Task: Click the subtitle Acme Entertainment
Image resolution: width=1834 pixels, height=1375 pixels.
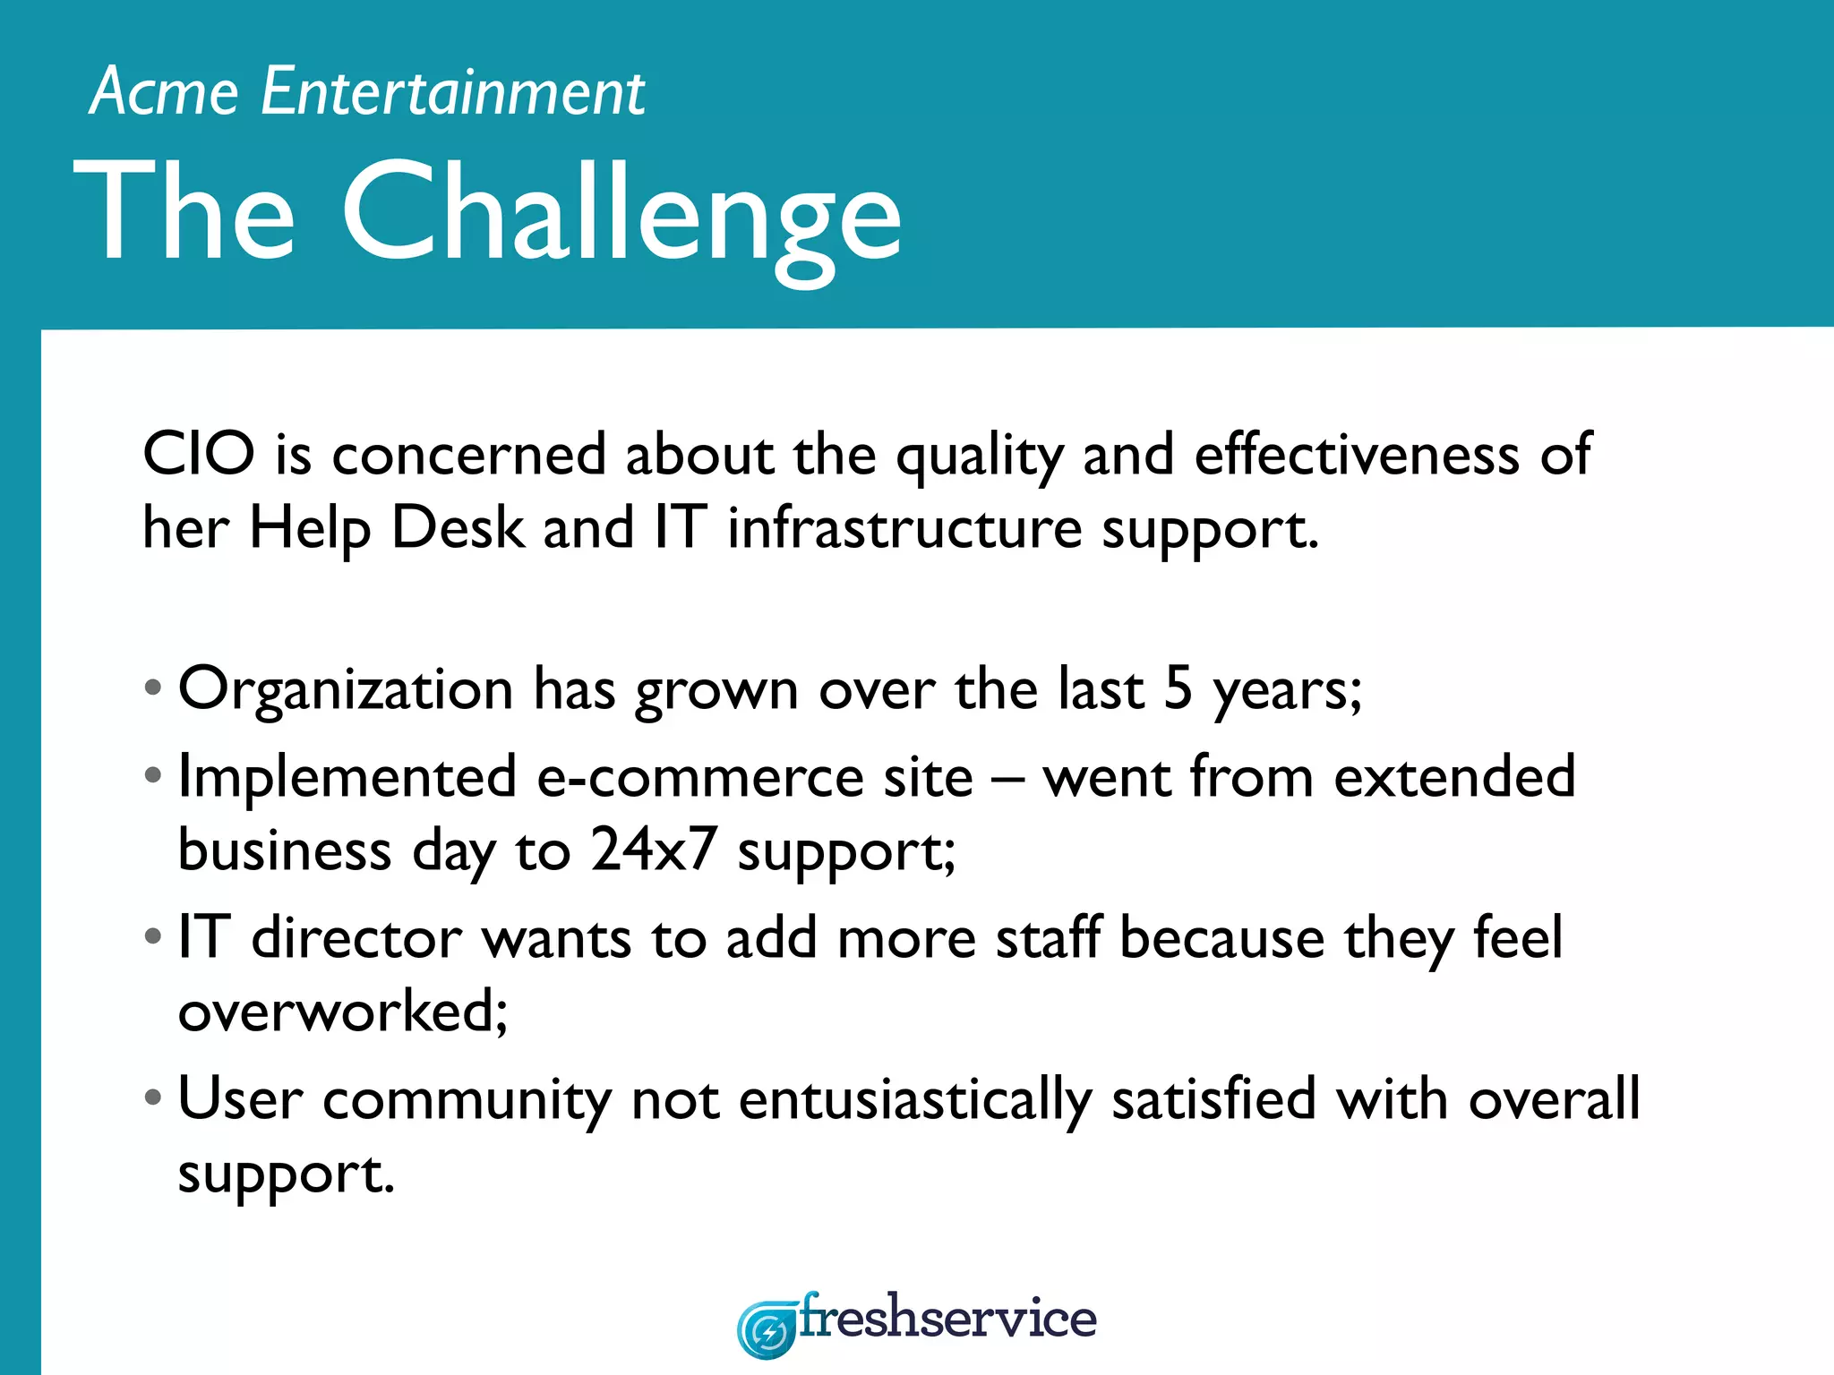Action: [x=367, y=92]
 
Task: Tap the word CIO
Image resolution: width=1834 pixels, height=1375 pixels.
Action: [x=199, y=454]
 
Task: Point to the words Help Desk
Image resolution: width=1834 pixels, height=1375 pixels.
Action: [x=386, y=527]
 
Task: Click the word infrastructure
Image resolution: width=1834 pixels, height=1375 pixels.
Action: [x=904, y=527]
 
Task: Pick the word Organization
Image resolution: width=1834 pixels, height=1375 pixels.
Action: [x=346, y=689]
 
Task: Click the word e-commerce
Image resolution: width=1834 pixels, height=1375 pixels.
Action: [x=754, y=776]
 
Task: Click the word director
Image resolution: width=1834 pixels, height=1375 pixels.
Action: [x=356, y=938]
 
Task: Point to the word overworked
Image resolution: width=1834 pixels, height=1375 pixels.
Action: [x=342, y=1012]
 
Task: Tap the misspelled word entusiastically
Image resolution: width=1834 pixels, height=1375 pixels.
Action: [x=915, y=1099]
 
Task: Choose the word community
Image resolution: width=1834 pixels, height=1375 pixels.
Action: [x=466, y=1099]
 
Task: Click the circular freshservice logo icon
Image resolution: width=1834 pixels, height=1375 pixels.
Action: [x=767, y=1330]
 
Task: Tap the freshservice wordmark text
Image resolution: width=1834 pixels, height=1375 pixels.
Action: [x=947, y=1318]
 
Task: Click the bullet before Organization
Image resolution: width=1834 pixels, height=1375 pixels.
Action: [x=153, y=688]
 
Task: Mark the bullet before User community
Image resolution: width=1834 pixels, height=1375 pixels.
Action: [x=153, y=1097]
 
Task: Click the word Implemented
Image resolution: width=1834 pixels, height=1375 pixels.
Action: [x=347, y=776]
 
